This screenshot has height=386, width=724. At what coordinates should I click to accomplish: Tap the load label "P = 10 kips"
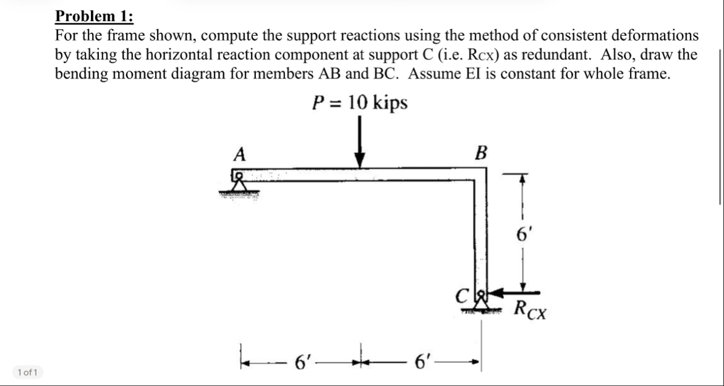[359, 103]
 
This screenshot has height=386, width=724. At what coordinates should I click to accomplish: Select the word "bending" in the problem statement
[84, 74]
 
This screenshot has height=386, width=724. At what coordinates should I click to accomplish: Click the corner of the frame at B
[480, 174]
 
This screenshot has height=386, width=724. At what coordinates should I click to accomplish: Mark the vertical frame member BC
[480, 235]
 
